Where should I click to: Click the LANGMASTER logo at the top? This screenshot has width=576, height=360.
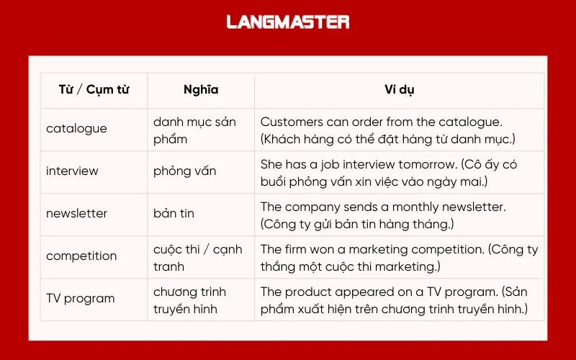coord(288,22)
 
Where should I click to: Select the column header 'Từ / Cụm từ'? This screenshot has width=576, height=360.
coord(94,90)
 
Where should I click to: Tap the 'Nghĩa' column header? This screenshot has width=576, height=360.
coord(201,90)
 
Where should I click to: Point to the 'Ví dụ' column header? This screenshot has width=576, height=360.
coord(399,90)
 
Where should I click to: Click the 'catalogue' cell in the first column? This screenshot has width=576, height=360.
coord(76,129)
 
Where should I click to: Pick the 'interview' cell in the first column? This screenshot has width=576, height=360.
coord(72,171)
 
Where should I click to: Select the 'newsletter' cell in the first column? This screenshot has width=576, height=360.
coord(76,214)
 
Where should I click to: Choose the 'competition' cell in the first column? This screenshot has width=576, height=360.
coord(81,256)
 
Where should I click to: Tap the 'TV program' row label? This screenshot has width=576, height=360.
coord(80,299)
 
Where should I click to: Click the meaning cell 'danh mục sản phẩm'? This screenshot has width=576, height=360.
coord(194,130)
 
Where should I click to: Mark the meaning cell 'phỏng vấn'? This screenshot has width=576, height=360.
coord(184,171)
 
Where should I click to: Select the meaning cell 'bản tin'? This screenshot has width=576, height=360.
coord(174,214)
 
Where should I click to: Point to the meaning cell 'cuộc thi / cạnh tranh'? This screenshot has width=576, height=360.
coord(197,257)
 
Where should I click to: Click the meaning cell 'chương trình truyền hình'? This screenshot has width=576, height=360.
coord(189,300)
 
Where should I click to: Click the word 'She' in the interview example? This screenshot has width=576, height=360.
coord(271,165)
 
